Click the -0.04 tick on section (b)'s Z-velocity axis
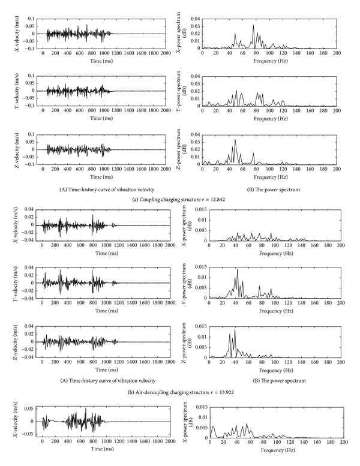(x=25, y=359)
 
